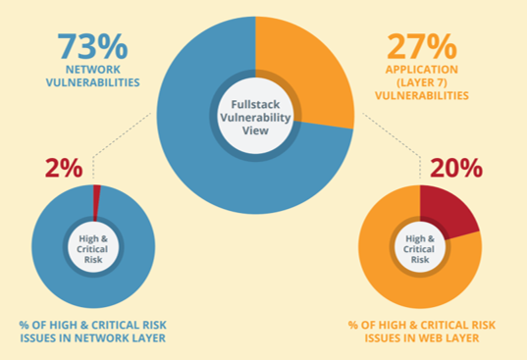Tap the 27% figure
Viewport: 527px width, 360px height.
(x=420, y=47)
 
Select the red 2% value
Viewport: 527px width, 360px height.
(x=64, y=168)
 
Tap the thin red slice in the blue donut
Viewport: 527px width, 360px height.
(x=96, y=201)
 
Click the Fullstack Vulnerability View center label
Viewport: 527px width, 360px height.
(x=255, y=118)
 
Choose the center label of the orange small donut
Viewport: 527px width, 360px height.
(x=420, y=246)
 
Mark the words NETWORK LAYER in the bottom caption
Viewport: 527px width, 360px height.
(x=126, y=338)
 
